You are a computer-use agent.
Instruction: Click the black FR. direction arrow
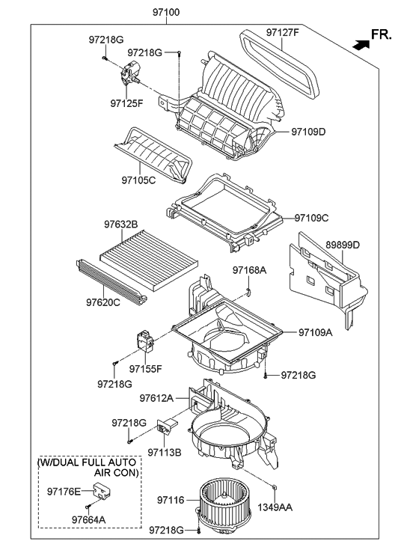tap(362, 44)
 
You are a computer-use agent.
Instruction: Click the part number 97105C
tap(138, 180)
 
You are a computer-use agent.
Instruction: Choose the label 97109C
tap(311, 218)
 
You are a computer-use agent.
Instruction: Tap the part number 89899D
tap(343, 245)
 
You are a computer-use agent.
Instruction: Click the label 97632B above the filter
tap(120, 223)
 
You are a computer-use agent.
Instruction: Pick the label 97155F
tap(144, 368)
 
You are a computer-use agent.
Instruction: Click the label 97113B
tap(165, 452)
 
